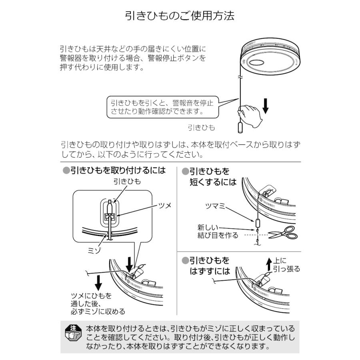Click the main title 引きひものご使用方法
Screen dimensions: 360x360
180,16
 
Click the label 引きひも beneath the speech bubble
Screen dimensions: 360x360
201,128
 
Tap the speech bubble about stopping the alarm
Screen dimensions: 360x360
162,106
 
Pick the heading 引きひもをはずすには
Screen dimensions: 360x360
210,266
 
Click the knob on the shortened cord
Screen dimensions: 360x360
257,222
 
